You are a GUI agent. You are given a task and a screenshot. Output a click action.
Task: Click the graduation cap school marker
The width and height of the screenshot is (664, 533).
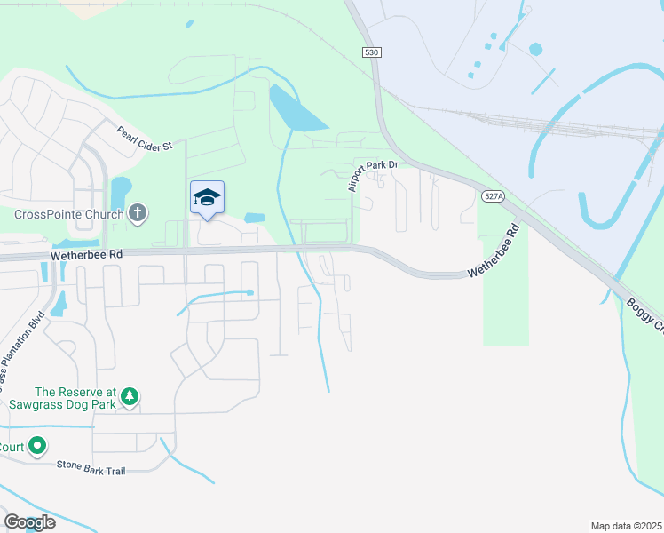pos(207,198)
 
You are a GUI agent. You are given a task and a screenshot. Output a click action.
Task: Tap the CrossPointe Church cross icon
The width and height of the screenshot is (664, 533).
pos(137,213)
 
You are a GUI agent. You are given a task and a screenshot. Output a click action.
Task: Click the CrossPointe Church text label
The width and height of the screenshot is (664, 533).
pos(69,214)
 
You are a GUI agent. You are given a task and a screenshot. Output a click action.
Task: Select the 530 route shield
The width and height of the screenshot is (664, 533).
pos(372,53)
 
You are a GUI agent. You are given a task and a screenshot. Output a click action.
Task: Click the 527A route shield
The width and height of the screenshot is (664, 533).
pos(494,197)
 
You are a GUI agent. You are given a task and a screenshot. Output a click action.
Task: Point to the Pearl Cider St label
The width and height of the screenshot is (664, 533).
pos(144,139)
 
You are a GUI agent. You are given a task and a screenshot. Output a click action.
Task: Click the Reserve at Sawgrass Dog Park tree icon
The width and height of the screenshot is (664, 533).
pos(130,396)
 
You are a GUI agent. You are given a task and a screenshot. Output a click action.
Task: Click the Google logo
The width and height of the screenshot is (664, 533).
pos(28,522)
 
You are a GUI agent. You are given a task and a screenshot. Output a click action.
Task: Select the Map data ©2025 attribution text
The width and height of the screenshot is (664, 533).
pos(625,526)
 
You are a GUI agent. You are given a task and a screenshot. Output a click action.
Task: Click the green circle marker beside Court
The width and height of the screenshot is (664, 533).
pos(37,446)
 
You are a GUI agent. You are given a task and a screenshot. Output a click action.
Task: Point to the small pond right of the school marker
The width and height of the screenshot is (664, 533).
pos(255,218)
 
